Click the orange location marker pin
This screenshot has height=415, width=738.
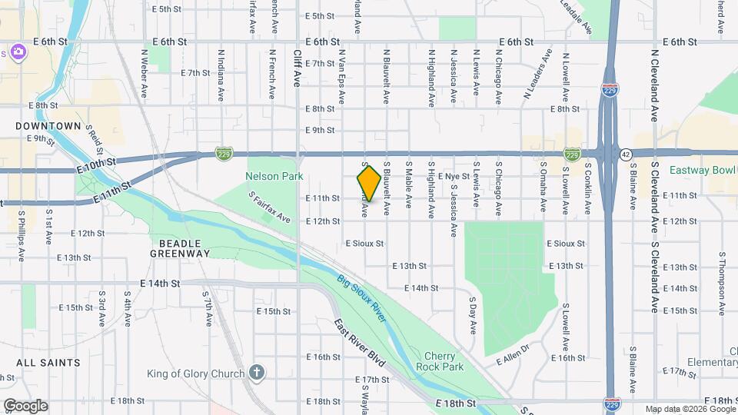[x=369, y=183]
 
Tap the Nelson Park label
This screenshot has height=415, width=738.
[x=270, y=176]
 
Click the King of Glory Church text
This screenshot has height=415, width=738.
[x=196, y=374]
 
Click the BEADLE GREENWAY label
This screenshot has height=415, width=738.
[x=179, y=247]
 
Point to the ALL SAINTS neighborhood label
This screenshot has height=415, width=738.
[x=48, y=362]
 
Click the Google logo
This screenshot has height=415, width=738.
[x=25, y=405]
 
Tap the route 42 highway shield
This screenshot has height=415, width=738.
[x=627, y=154]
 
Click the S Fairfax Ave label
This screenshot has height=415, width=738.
[x=270, y=207]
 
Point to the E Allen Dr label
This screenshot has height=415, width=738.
[x=514, y=354]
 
